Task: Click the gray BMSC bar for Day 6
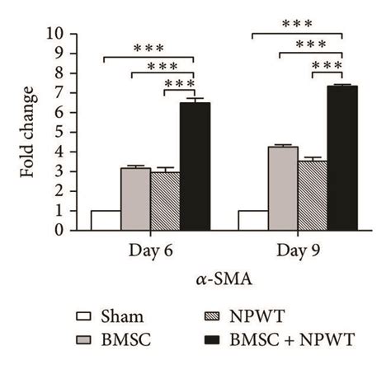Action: (135, 199)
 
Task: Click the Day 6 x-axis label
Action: (149, 248)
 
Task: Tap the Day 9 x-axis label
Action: (297, 248)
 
